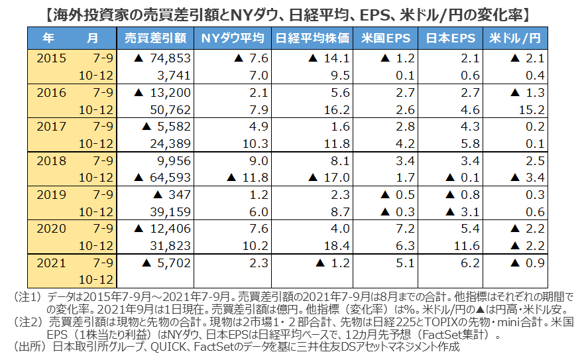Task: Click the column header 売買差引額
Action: (155, 38)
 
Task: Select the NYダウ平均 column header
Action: (233, 38)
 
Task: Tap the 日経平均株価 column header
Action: (311, 38)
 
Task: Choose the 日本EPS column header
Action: (451, 38)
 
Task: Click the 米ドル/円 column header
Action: (516, 38)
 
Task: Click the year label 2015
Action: (52, 58)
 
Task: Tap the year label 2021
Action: (52, 263)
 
